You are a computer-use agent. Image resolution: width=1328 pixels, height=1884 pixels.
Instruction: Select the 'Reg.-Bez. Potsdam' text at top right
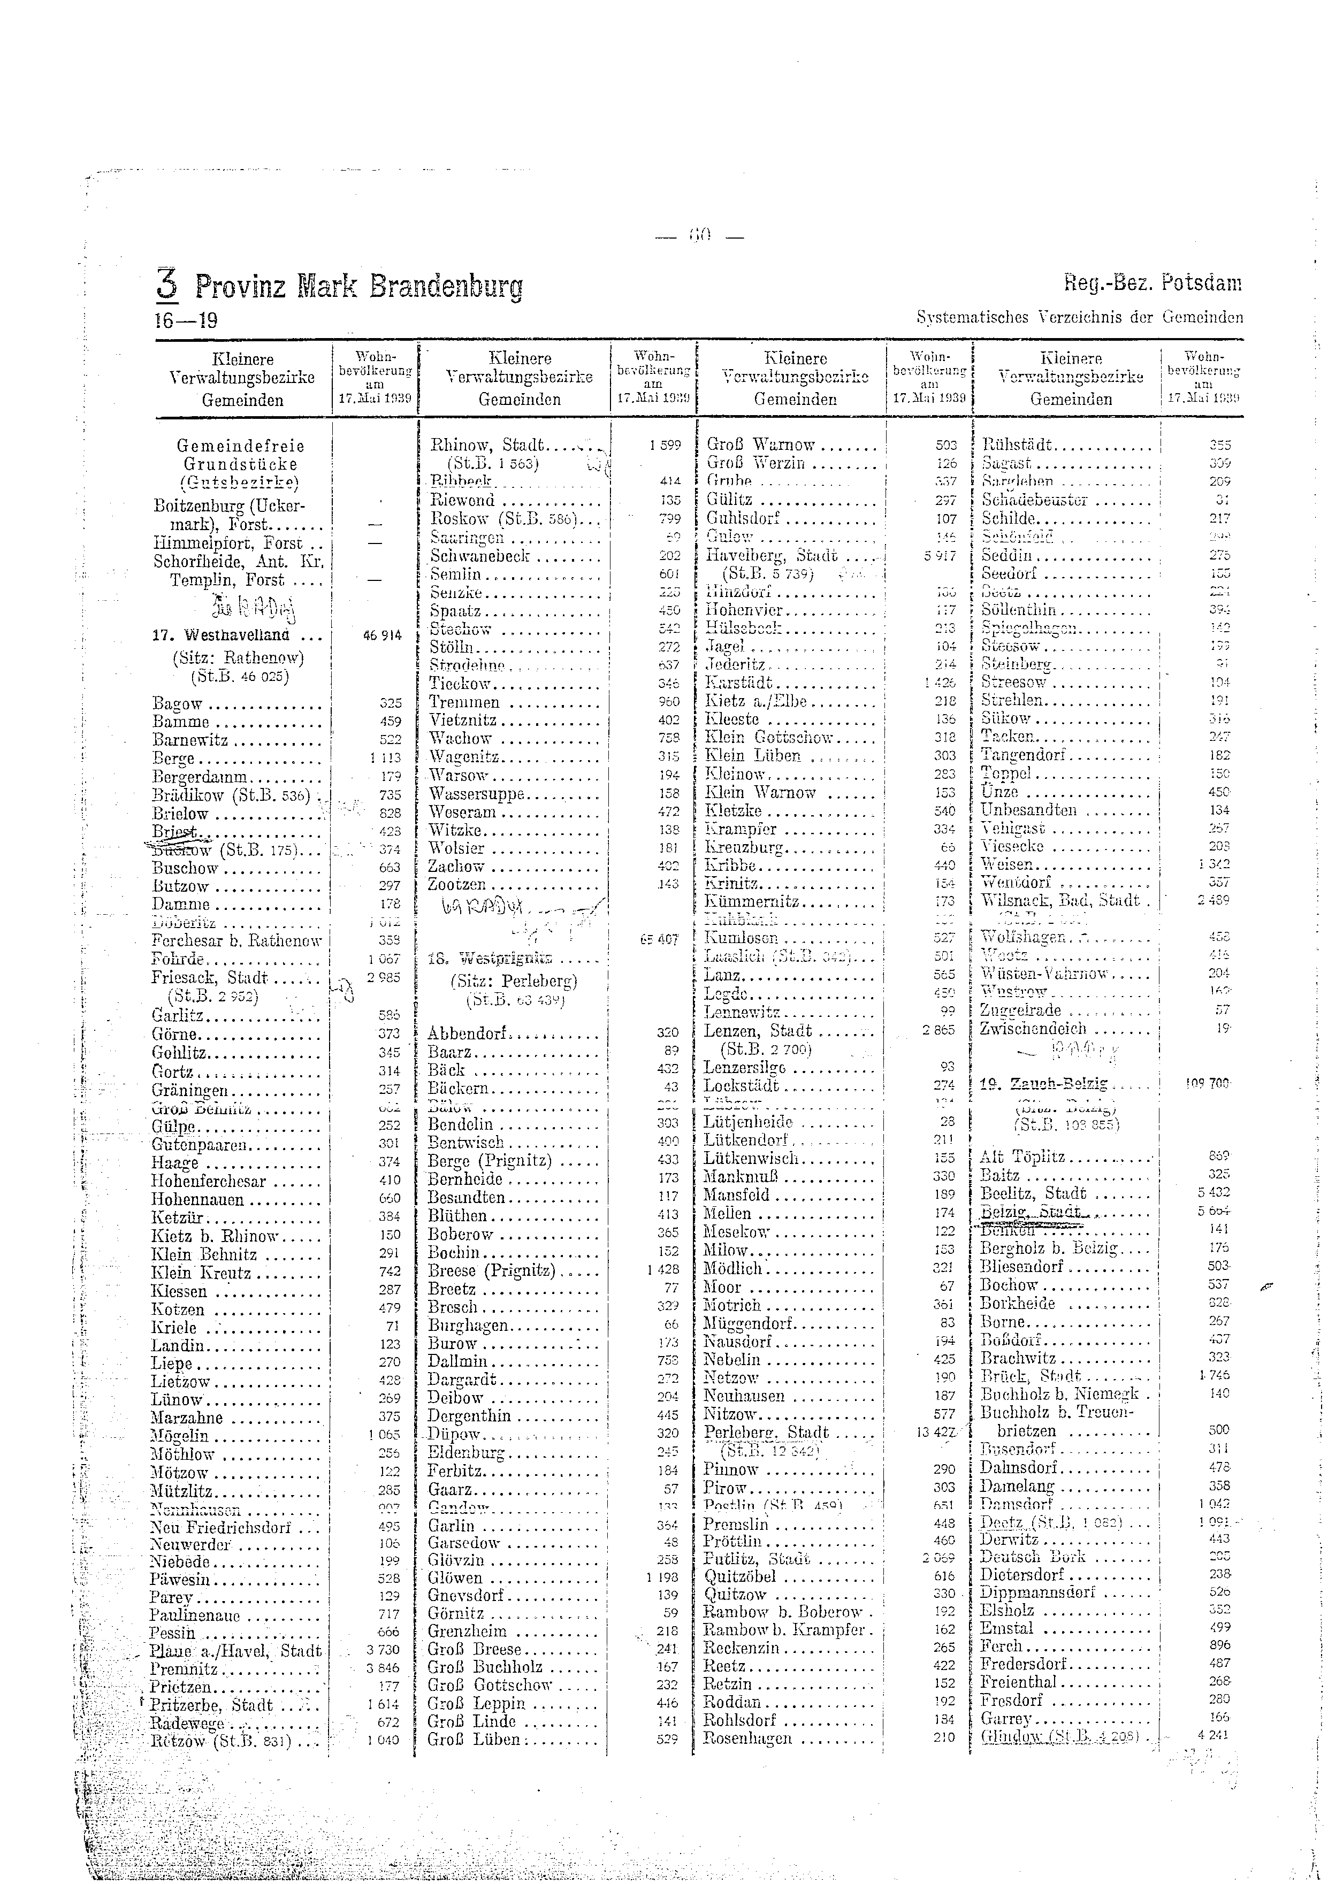1153,284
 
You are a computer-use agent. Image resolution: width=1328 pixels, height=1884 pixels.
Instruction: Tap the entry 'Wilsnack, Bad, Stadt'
1060,900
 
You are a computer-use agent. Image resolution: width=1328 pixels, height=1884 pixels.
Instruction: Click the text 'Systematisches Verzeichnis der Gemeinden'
1079,318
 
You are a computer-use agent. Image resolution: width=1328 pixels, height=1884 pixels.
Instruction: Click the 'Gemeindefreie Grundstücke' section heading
240,455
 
